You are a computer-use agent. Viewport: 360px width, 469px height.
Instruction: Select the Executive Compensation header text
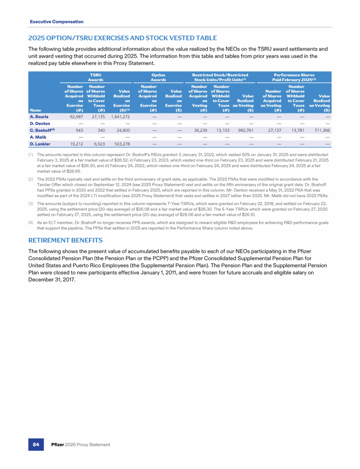[x=56, y=22]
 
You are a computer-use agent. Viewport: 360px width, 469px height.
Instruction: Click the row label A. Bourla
[x=39, y=116]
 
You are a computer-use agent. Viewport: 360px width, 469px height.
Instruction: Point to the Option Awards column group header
[x=158, y=77]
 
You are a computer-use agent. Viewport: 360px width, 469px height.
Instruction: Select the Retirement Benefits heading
[x=65, y=241]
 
